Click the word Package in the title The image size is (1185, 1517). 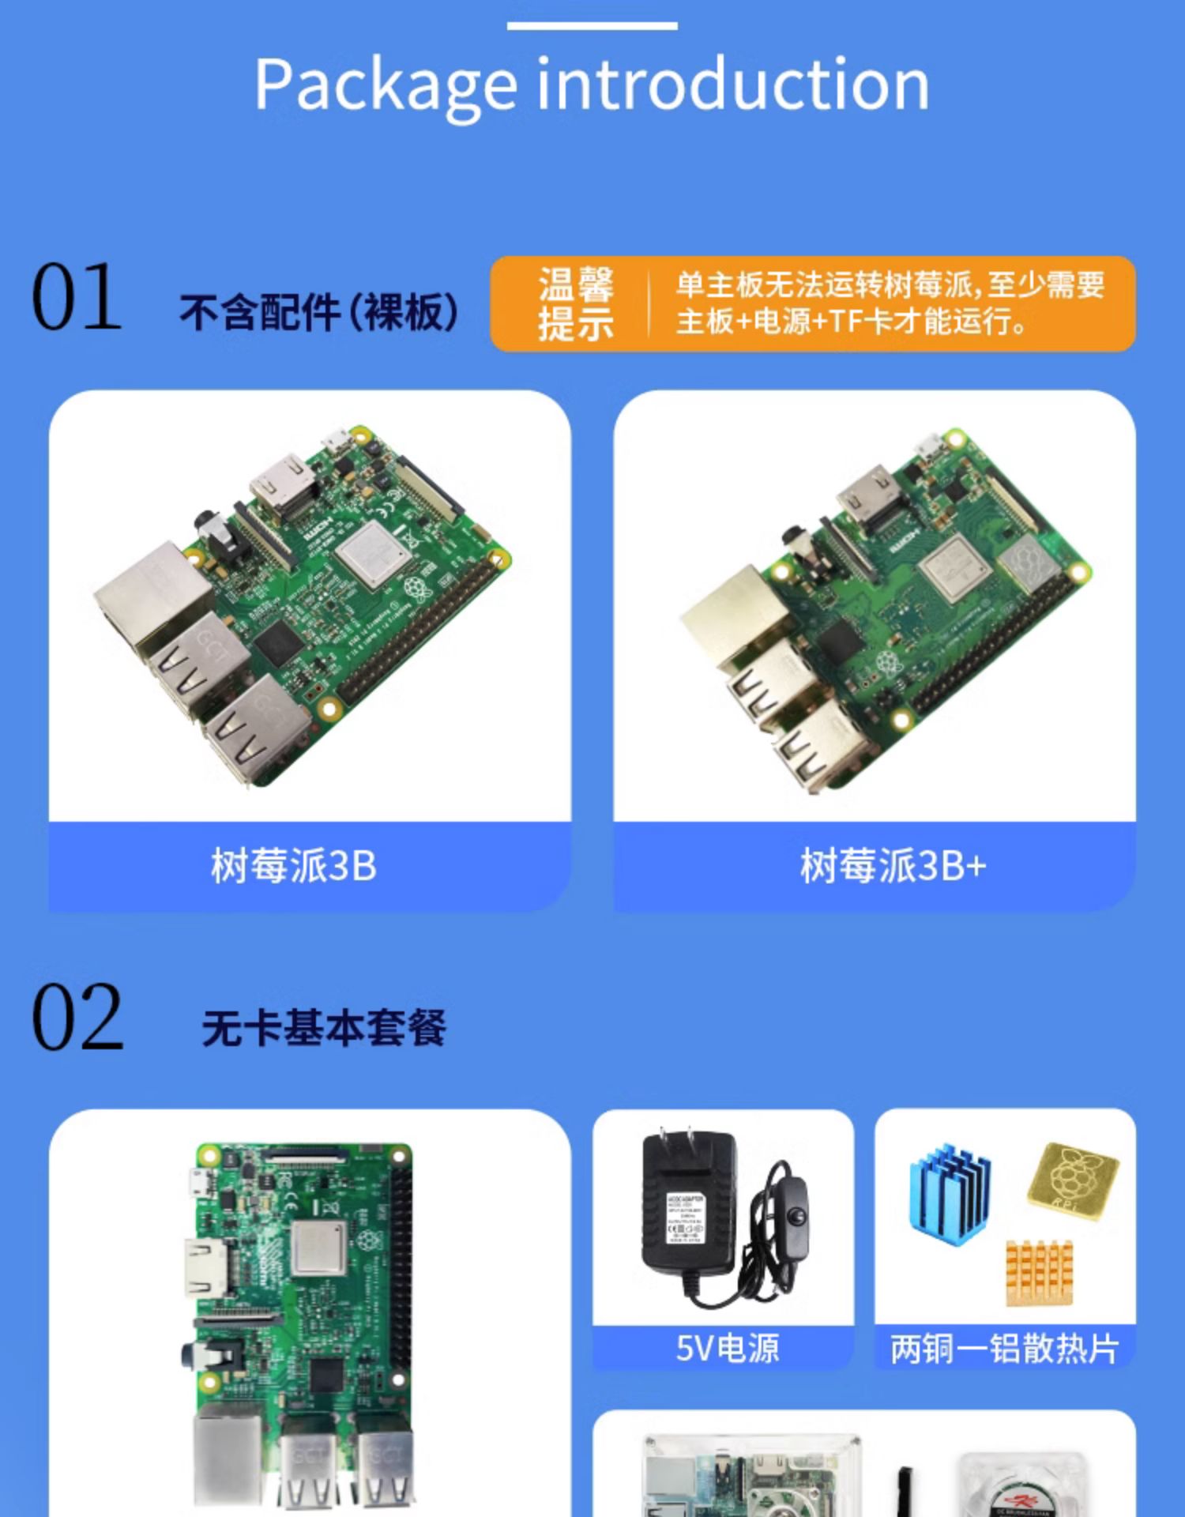pyautogui.click(x=386, y=85)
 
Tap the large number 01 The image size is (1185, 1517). pyautogui.click(x=77, y=298)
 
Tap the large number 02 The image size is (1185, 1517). pyautogui.click(x=77, y=1018)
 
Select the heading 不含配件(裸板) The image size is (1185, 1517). pyautogui.click(x=319, y=311)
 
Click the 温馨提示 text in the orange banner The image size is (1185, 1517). pyautogui.click(x=576, y=303)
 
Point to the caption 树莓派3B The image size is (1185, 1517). pyautogui.click(x=294, y=866)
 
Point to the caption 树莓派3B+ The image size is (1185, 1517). pyautogui.click(x=893, y=866)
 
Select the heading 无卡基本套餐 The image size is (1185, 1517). pyautogui.click(x=324, y=1028)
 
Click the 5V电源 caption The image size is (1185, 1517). pyautogui.click(x=728, y=1348)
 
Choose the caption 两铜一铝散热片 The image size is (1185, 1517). pyautogui.click(x=1004, y=1348)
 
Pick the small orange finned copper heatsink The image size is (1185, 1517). pyautogui.click(x=1040, y=1272)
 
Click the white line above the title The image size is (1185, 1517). pyautogui.click(x=592, y=26)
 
